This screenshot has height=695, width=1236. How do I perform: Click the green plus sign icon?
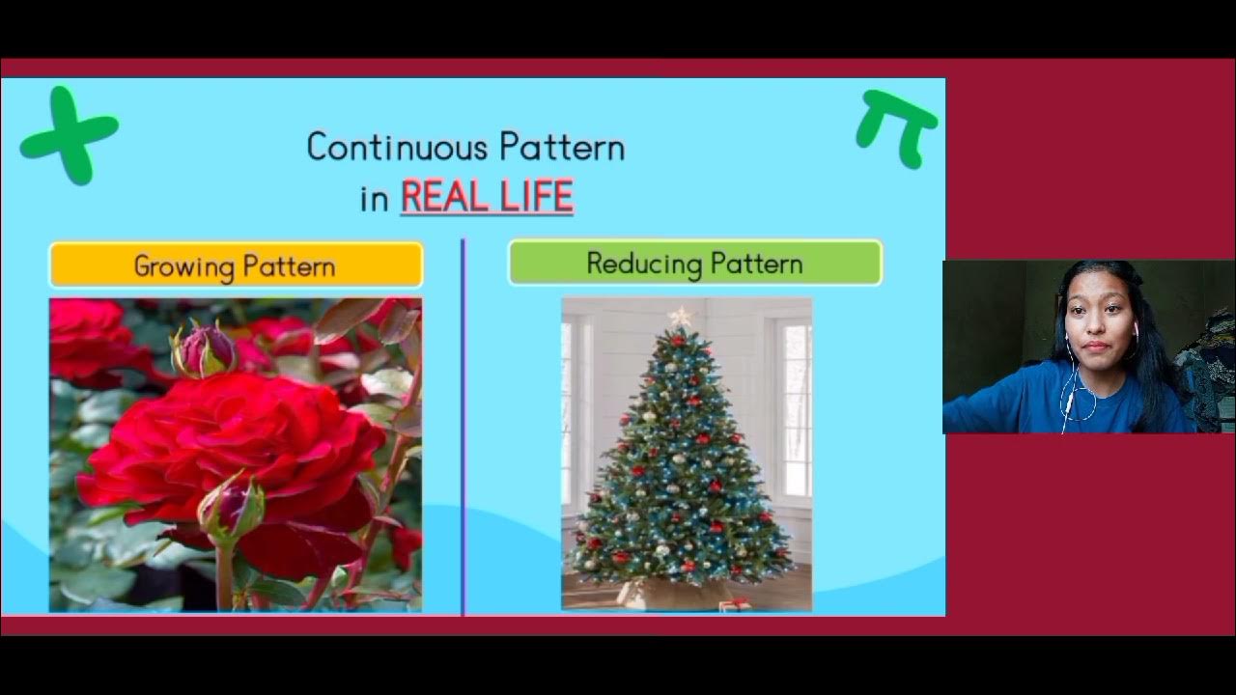pos(68,136)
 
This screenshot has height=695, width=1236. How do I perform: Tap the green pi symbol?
pos(897,125)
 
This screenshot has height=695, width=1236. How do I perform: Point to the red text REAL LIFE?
pos(487,197)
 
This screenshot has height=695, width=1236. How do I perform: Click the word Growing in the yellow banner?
pos(183,266)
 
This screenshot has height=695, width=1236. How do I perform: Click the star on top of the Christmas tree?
pos(682,317)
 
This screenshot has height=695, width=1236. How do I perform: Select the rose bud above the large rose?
pos(204,350)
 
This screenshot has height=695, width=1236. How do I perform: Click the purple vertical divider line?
pos(463,425)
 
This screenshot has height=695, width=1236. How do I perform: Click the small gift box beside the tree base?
pos(735,604)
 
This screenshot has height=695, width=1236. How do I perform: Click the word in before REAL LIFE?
pos(374,199)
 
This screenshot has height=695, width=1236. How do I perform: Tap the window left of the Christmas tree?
pos(571,405)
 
